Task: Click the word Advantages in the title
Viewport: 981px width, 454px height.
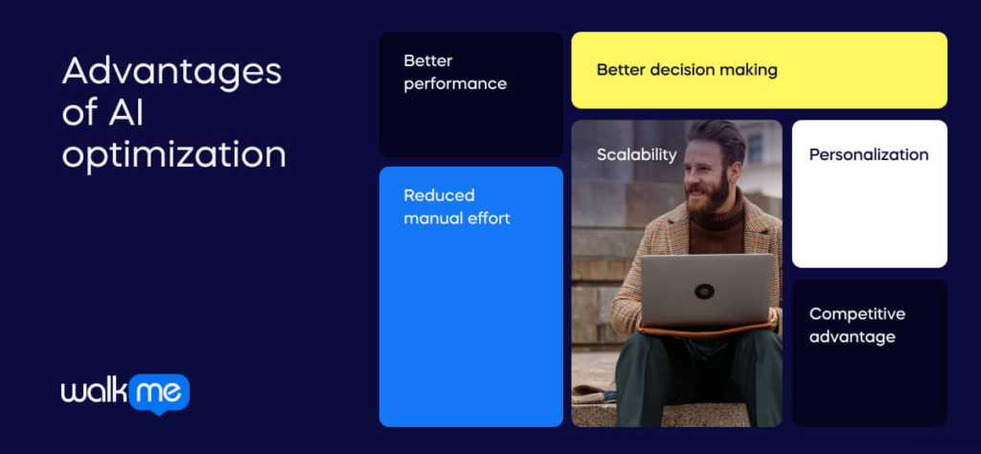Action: pyautogui.click(x=171, y=72)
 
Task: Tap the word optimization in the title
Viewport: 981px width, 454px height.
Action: pyautogui.click(x=173, y=153)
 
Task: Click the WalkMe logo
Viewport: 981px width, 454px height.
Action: pyautogui.click(x=125, y=393)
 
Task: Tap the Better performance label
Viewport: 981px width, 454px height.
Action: pyautogui.click(x=455, y=72)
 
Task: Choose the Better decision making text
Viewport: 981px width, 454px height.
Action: pyautogui.click(x=686, y=70)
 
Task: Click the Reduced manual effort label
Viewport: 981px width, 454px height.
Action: pyautogui.click(x=456, y=207)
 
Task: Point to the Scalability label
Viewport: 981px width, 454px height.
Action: pyautogui.click(x=636, y=154)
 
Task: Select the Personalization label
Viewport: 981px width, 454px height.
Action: pyautogui.click(x=868, y=154)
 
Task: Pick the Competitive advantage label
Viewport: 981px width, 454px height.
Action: pyautogui.click(x=856, y=325)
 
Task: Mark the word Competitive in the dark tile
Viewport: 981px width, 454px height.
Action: pyautogui.click(x=856, y=313)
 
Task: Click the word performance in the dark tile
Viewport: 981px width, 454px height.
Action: pyautogui.click(x=455, y=83)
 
